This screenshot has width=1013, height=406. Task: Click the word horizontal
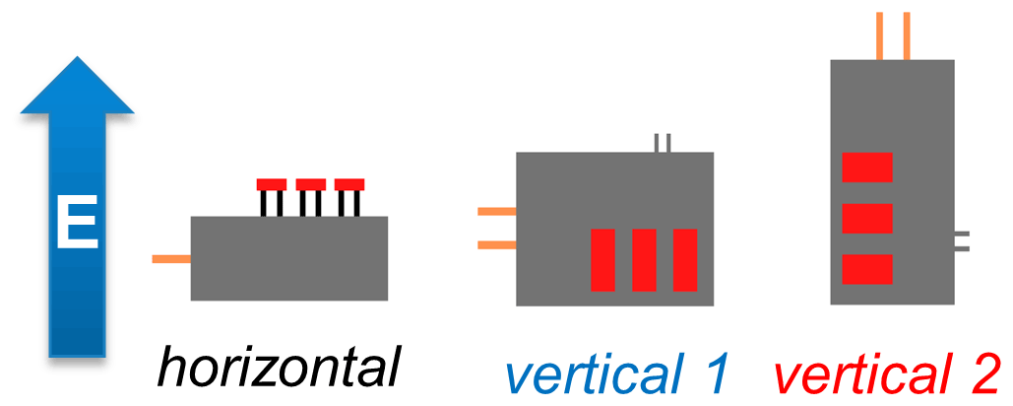pyautogui.click(x=281, y=367)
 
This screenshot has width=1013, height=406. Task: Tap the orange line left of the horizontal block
pyautogui.click(x=171, y=259)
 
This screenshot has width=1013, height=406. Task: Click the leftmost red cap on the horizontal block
pyautogui.click(x=271, y=184)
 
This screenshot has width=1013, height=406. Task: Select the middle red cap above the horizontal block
pyautogui.click(x=310, y=184)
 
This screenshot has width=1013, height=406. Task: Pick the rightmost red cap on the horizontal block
pyautogui.click(x=349, y=184)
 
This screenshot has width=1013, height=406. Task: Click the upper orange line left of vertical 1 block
pyautogui.click(x=496, y=211)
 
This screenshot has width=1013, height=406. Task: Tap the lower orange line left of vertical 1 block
pyautogui.click(x=496, y=243)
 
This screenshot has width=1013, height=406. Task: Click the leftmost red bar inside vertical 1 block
pyautogui.click(x=602, y=259)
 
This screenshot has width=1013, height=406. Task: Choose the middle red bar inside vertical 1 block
pyautogui.click(x=644, y=259)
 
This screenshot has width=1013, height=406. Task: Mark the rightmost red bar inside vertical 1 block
pyautogui.click(x=684, y=259)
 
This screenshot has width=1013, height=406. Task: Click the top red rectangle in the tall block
pyautogui.click(x=867, y=168)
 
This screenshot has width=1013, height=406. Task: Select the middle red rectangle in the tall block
pyautogui.click(x=867, y=218)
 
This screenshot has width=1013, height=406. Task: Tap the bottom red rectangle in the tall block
pyautogui.click(x=867, y=269)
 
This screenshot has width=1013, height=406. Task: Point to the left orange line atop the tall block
pyautogui.click(x=880, y=35)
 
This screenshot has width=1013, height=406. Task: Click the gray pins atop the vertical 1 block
pyautogui.click(x=664, y=143)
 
